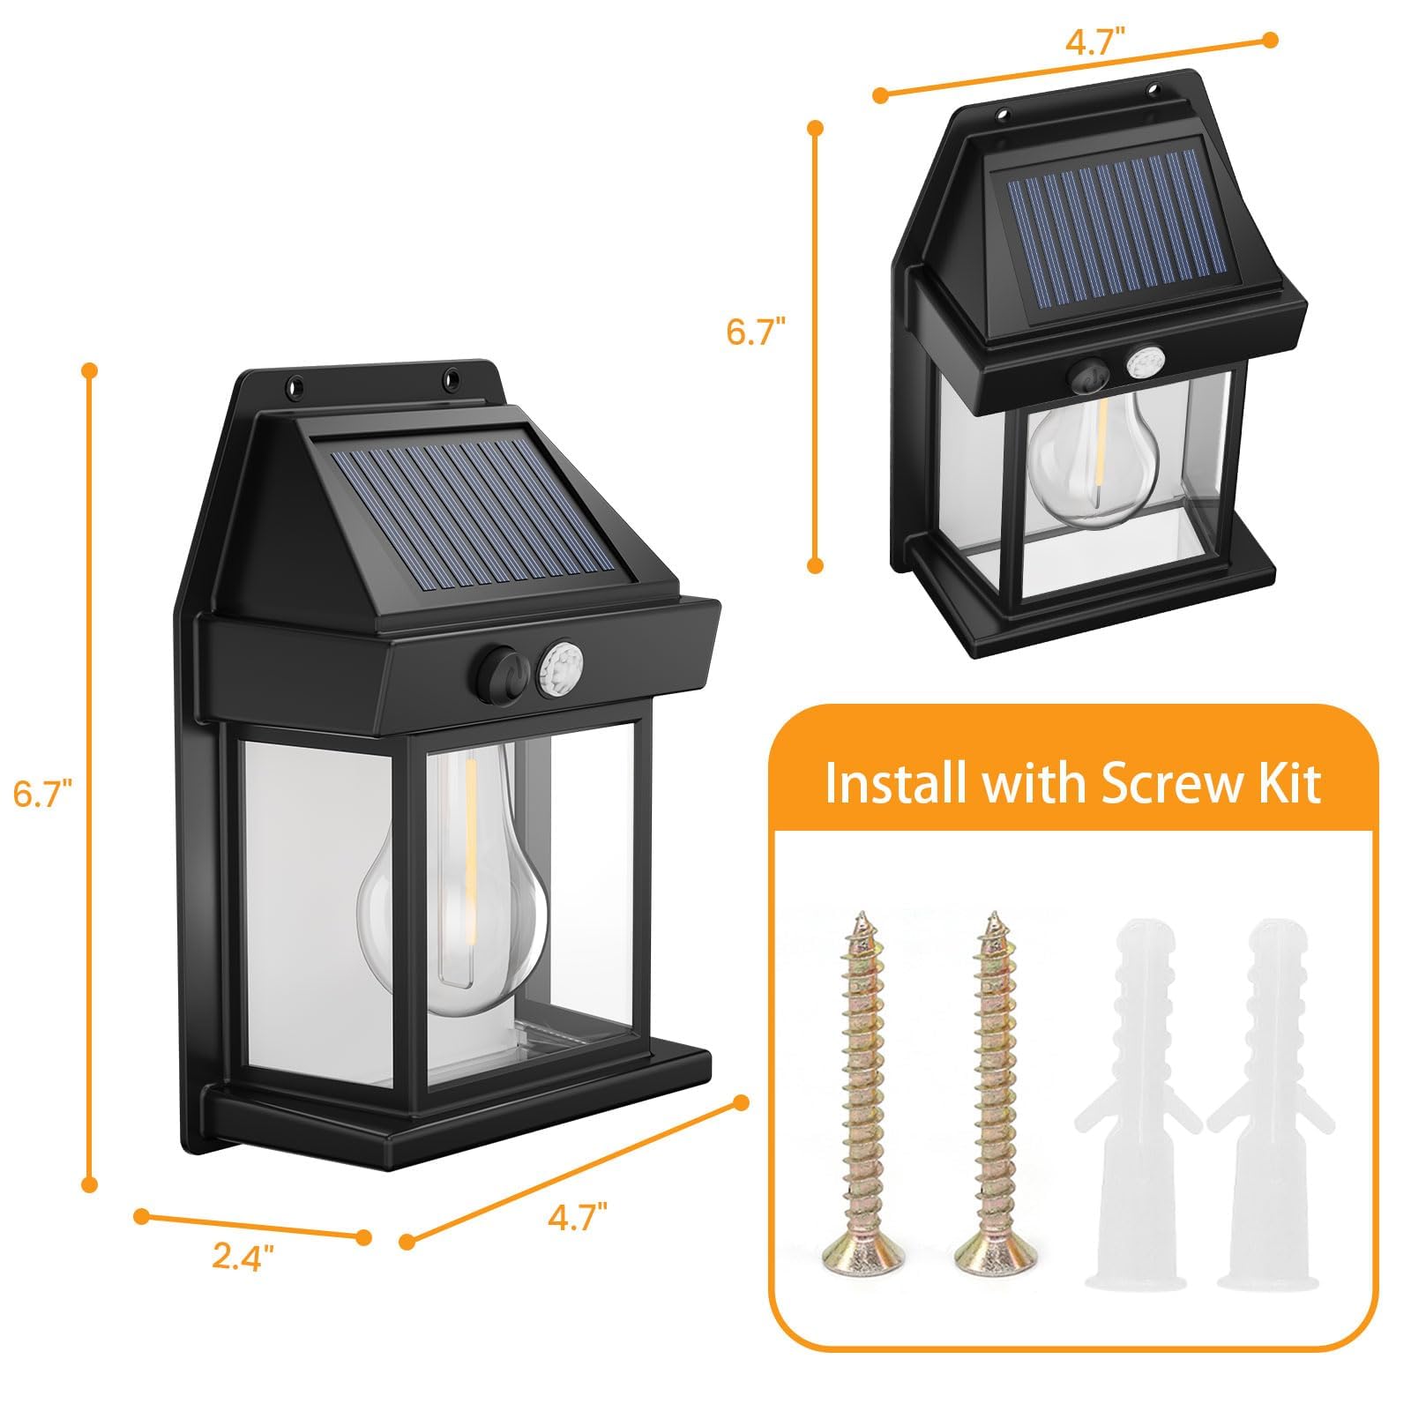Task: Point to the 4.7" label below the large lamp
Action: point(578,1218)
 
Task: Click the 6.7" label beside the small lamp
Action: point(756,332)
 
